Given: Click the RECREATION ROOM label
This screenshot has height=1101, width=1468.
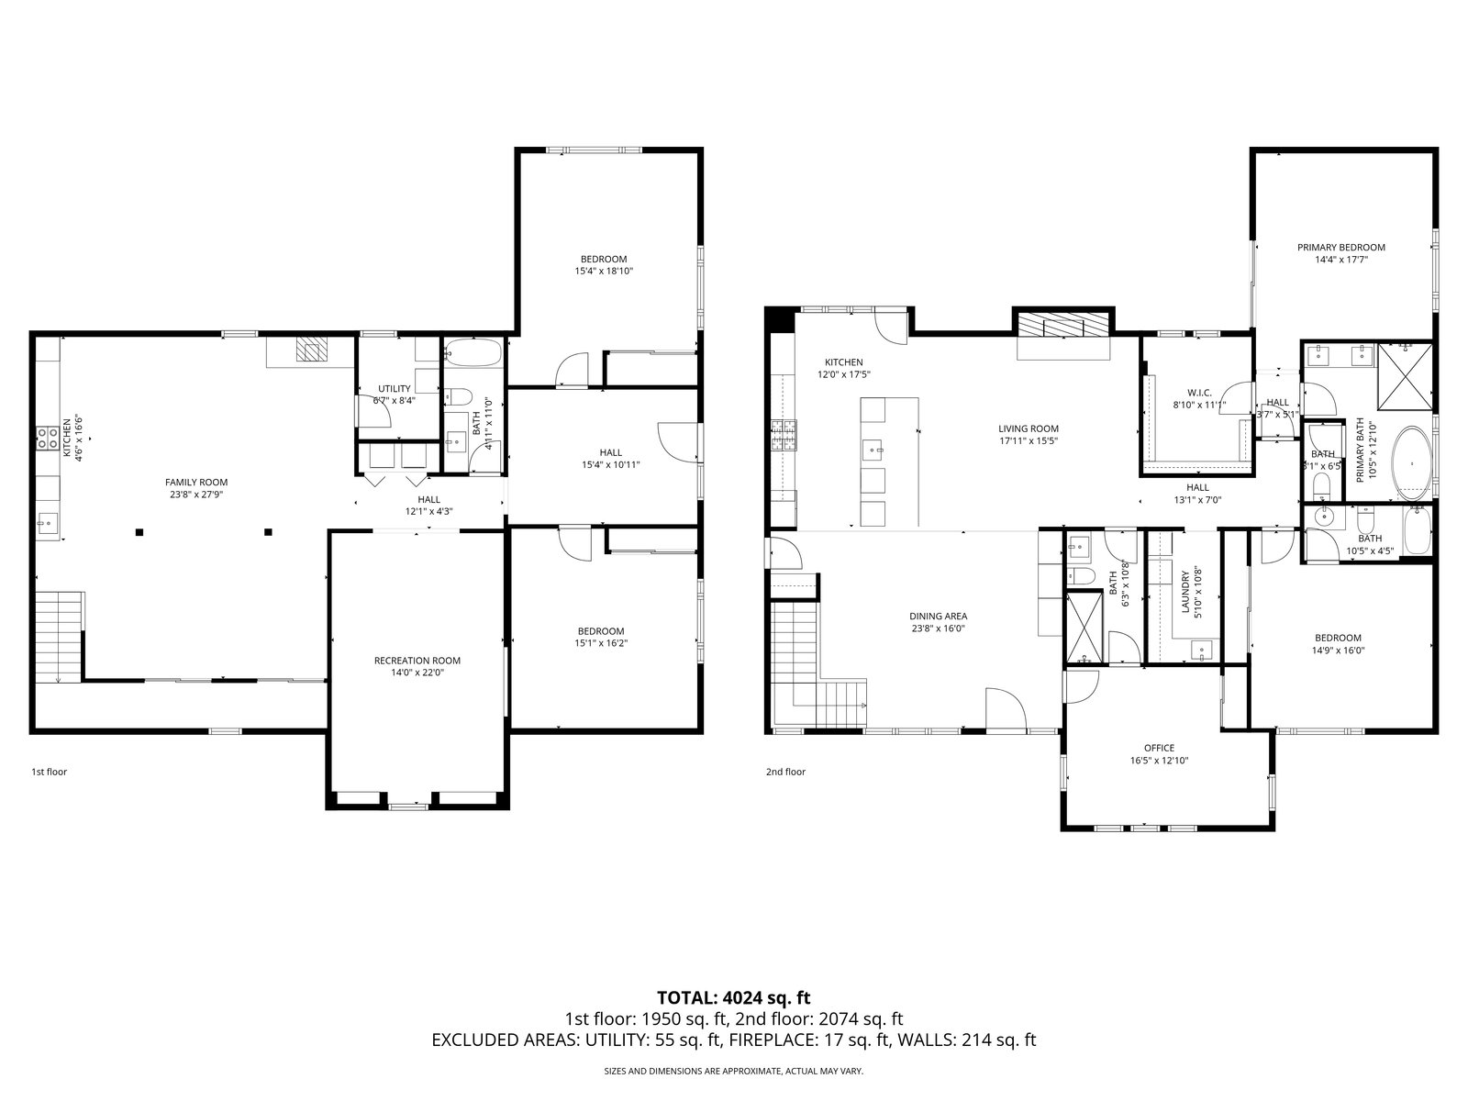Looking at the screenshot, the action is point(417,661).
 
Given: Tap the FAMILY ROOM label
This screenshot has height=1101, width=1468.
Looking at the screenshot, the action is point(196,482).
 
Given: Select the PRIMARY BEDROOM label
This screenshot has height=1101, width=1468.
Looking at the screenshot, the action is point(1341,248).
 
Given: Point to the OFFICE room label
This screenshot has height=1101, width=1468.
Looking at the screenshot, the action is point(1159,748).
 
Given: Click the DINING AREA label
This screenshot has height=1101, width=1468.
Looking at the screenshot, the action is point(938,617).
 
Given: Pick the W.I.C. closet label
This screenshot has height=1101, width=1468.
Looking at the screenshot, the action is point(1199,393).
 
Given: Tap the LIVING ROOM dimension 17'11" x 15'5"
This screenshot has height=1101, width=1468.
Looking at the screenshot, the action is point(1029,441).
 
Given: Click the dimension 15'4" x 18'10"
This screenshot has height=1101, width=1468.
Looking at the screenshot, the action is point(603,272).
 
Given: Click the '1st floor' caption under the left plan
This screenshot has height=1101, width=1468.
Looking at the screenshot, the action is point(50,772).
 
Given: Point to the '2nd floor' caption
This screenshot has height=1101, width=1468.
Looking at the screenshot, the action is point(785,772).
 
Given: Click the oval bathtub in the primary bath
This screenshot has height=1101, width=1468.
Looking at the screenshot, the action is point(1412,462).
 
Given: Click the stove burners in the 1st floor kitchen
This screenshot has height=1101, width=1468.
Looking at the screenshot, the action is point(47,438).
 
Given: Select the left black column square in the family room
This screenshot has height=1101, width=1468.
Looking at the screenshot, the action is point(139,532).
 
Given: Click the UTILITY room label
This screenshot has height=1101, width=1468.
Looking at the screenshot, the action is point(394,389).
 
